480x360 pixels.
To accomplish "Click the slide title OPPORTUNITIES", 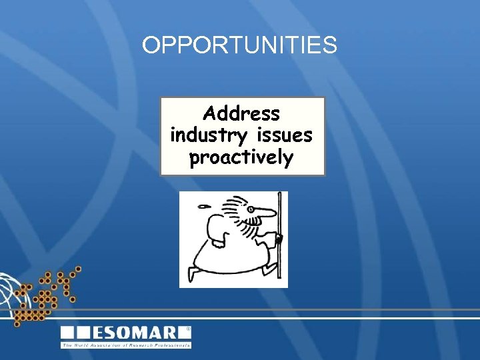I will (239, 45).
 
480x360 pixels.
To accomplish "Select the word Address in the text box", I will (241, 113).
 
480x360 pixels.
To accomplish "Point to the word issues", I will (282, 135).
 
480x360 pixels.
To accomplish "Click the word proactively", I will (241, 159).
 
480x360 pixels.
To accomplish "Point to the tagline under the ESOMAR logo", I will (126, 345).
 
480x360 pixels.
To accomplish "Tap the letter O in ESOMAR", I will (130, 333).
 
